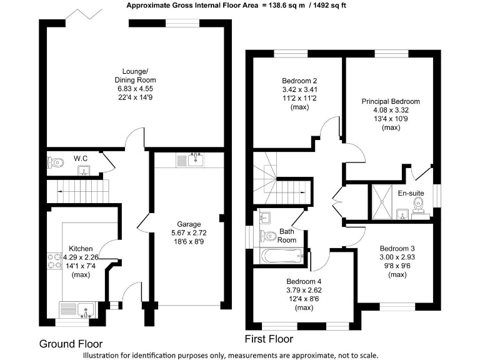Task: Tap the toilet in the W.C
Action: [56, 162]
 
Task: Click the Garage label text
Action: [188, 224]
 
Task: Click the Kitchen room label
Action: [81, 248]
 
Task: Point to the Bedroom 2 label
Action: [299, 81]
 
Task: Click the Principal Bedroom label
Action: [391, 101]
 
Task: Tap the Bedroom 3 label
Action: [397, 248]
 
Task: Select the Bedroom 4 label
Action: [304, 281]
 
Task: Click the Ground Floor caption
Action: [71, 344]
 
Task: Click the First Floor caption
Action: [268, 339]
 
